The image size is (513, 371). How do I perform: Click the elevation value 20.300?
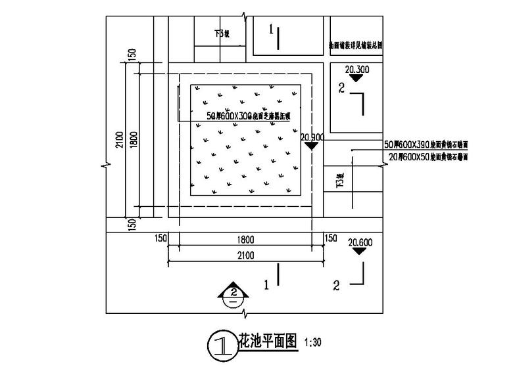[356, 68]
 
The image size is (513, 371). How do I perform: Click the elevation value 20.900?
[312, 137]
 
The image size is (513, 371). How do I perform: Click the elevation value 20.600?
[360, 242]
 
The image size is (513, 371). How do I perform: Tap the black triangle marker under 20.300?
[356, 77]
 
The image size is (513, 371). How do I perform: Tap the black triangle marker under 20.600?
[360, 251]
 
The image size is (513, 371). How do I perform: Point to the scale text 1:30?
[313, 343]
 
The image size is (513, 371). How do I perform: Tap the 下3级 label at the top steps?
[221, 33]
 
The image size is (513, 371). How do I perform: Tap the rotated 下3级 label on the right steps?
[340, 180]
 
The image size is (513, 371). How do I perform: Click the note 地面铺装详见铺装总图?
[355, 47]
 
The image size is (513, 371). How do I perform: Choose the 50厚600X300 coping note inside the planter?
[248, 116]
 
